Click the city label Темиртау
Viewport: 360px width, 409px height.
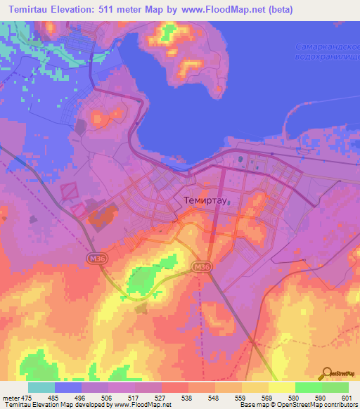pos(203,200)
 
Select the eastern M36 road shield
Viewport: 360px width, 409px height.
pos(202,266)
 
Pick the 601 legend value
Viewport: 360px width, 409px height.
pos(346,397)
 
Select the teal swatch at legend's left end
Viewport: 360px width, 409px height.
pos(41,387)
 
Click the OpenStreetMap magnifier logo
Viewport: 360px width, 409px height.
pos(326,373)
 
